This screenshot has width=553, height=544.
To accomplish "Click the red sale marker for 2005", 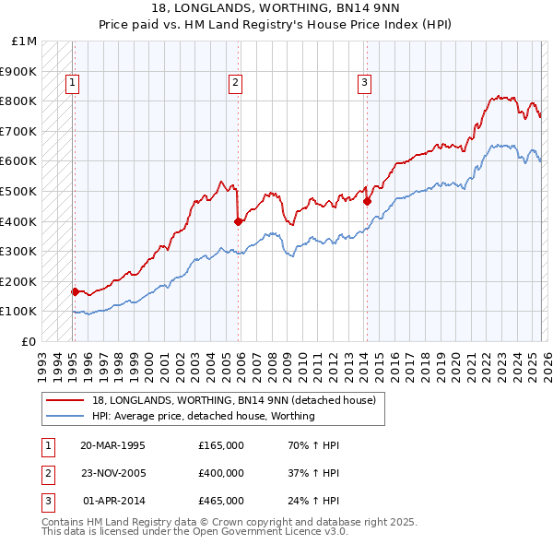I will [239, 221].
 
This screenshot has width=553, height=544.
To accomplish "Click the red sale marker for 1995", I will [75, 291].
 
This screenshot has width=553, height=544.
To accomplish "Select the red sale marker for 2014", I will [367, 201].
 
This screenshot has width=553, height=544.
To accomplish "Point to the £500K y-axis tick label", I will [18, 191].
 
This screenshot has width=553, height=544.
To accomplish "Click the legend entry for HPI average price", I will [204, 417].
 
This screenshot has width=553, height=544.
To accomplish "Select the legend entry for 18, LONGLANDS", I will [233, 401].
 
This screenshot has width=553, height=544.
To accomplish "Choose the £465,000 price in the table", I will [221, 501].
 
